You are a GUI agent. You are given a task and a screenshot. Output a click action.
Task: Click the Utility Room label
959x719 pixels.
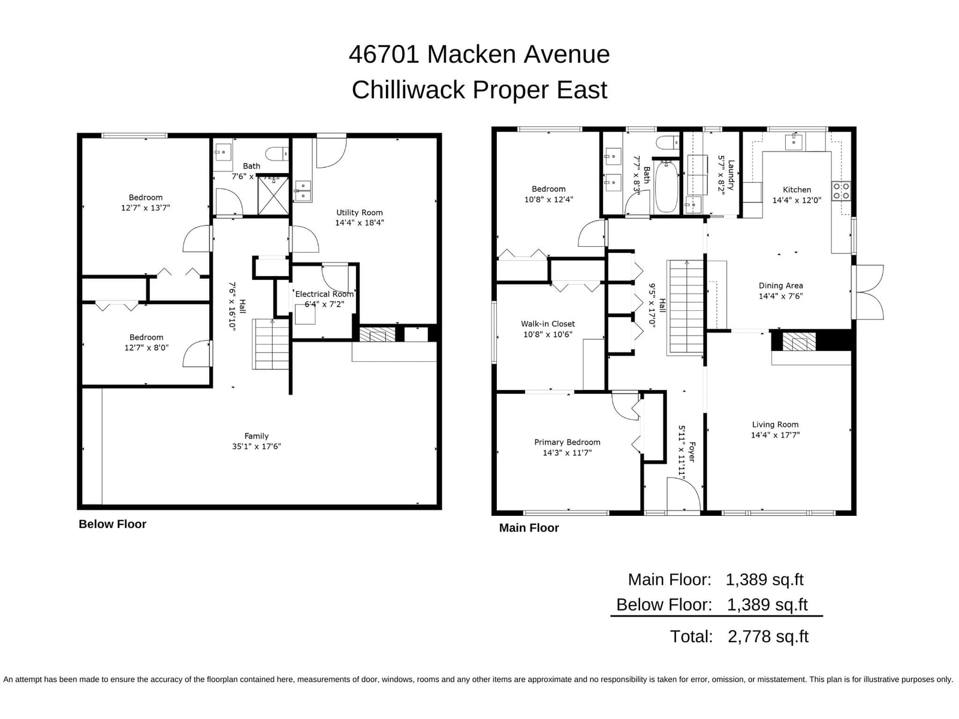(x=359, y=213)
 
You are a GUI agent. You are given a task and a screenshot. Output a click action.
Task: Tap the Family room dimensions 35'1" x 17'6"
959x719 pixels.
(x=257, y=446)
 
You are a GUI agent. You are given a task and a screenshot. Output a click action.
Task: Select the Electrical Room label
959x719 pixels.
(x=324, y=294)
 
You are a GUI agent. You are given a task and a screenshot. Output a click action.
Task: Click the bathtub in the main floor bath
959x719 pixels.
(x=667, y=186)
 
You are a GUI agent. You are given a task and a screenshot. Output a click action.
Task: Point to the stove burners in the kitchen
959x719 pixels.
(x=841, y=191)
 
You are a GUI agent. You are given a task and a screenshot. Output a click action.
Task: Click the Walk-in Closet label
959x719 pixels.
(x=548, y=324)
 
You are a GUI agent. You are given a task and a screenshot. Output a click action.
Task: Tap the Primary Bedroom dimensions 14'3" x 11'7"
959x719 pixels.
(x=567, y=453)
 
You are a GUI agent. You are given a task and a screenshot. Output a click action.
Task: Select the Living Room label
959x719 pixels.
(x=775, y=424)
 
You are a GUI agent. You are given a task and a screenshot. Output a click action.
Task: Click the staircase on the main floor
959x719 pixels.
(x=686, y=308)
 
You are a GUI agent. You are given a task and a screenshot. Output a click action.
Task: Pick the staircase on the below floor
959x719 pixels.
(x=271, y=344)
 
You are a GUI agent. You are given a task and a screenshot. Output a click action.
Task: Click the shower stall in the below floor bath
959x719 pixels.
(x=273, y=195)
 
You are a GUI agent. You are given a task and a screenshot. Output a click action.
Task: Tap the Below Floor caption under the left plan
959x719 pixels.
(x=112, y=524)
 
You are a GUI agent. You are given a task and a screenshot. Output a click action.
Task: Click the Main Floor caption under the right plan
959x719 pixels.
(x=529, y=528)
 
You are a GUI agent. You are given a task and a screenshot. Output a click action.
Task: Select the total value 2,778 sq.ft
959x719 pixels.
(x=768, y=636)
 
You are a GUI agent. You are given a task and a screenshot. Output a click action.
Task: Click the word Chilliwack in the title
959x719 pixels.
(x=408, y=89)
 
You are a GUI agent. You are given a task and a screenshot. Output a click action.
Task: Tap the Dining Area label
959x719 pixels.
(x=780, y=286)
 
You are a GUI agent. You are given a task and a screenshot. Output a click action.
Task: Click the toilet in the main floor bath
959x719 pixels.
(x=668, y=143)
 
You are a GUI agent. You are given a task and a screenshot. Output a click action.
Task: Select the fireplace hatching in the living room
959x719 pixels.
(x=799, y=342)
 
